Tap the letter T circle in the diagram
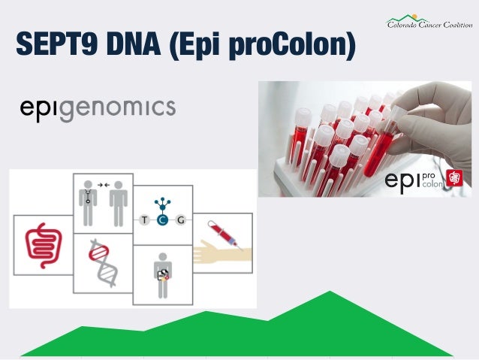click(143, 220)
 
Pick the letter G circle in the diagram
click(181, 220)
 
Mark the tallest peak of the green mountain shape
click(329, 292)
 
